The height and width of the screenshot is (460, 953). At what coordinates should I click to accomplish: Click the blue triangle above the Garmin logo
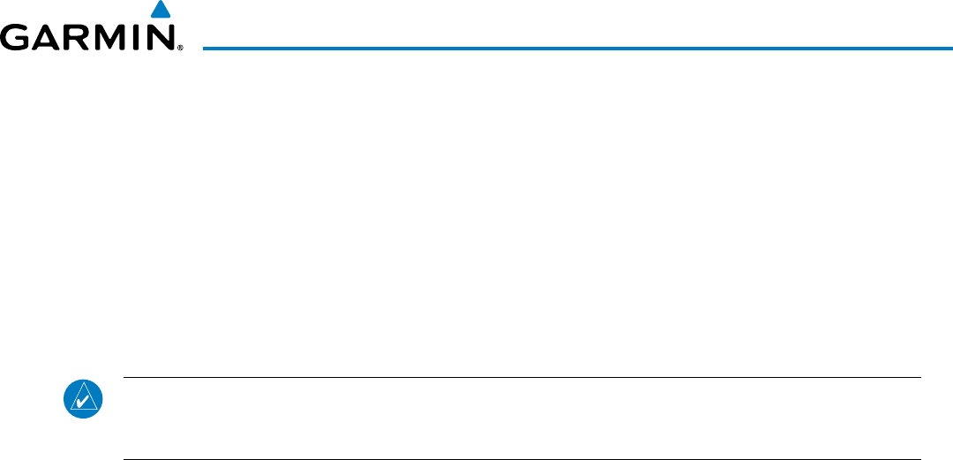(x=159, y=11)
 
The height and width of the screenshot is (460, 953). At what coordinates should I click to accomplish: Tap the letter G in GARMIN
(x=17, y=37)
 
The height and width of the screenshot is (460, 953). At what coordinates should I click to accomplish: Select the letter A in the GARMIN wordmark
(x=50, y=37)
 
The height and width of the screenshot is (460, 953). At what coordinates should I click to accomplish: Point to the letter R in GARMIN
(x=82, y=37)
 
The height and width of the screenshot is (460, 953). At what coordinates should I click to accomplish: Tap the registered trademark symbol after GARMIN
(x=179, y=48)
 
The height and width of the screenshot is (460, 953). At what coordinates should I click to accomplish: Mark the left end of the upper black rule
(x=124, y=378)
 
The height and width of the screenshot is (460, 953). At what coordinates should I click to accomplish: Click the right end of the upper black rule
(x=920, y=378)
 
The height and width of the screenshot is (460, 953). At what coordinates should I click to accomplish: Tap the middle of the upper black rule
(x=522, y=378)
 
